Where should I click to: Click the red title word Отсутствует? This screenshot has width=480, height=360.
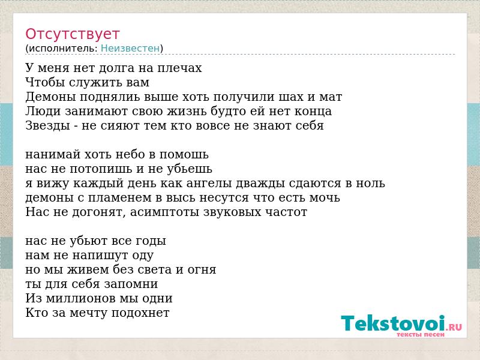click(x=72, y=34)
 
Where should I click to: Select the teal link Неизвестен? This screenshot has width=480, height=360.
click(x=130, y=48)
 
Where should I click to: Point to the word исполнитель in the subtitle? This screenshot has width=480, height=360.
click(x=63, y=48)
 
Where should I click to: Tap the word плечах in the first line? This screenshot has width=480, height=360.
click(x=179, y=68)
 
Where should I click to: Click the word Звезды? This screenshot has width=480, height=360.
click(x=48, y=126)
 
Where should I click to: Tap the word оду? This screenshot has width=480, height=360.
click(x=143, y=256)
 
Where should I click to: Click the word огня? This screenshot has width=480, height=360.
click(x=202, y=270)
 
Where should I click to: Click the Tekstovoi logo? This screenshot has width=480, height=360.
click(x=401, y=326)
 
